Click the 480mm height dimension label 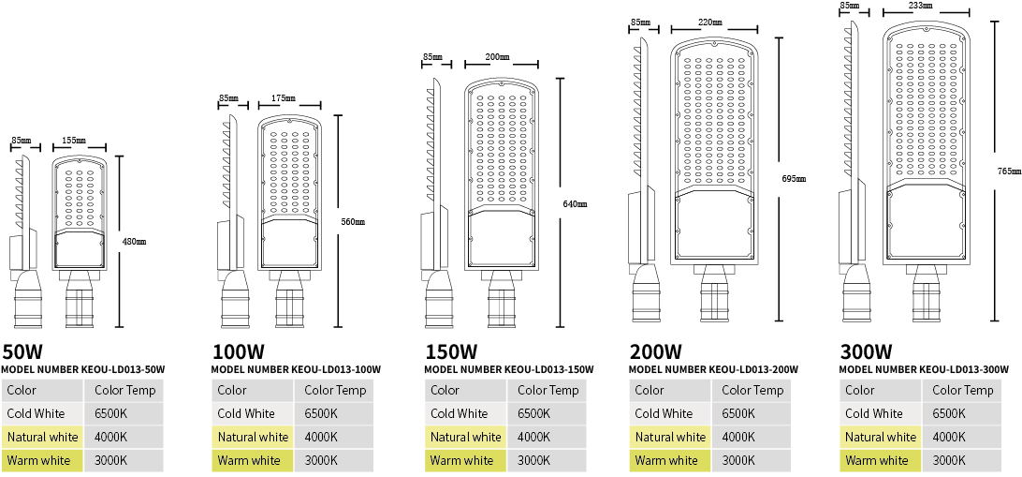(x=134, y=242)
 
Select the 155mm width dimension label (x=74, y=141)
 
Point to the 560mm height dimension (x=353, y=222)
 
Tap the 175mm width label (x=284, y=98)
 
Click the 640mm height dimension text (x=575, y=203)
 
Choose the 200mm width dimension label (x=497, y=57)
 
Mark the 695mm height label (x=794, y=179)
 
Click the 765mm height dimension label (x=1010, y=171)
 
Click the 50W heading (x=22, y=352)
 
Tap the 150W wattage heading (x=451, y=352)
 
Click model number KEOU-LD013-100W (x=296, y=369)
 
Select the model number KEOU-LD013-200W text (x=713, y=369)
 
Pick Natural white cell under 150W (x=465, y=438)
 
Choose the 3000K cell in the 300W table (x=949, y=461)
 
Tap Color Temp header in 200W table (x=752, y=391)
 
